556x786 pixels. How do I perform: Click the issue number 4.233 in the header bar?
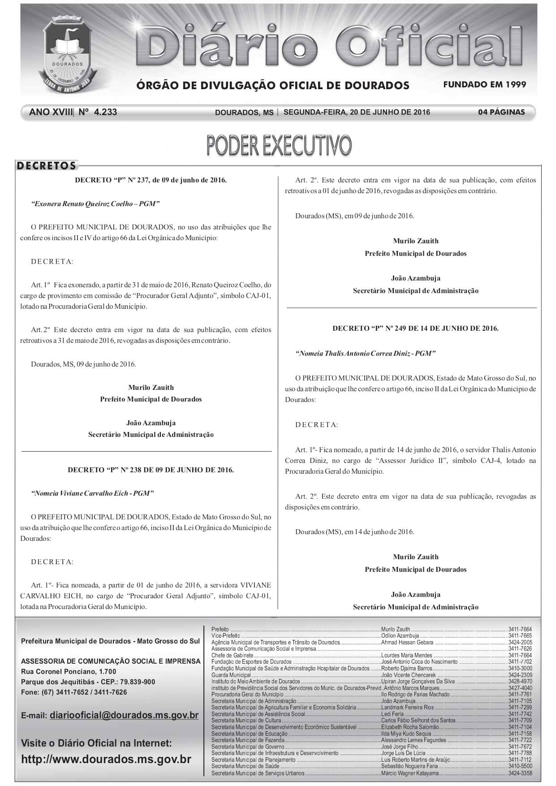tap(105, 112)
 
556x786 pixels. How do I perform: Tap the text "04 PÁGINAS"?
tap(501, 112)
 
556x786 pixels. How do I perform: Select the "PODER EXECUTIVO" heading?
tap(279, 145)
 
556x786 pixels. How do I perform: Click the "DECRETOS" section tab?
tap(47, 166)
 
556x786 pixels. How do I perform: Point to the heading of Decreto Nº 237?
tap(151, 180)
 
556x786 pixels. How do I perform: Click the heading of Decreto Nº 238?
tap(151, 470)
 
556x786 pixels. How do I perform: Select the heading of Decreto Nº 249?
tap(415, 328)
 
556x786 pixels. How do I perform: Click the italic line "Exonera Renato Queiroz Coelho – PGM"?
tap(95, 204)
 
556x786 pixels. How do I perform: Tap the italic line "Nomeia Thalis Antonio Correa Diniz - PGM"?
tap(365, 353)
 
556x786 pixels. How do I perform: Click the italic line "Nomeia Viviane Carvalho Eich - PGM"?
tap(92, 493)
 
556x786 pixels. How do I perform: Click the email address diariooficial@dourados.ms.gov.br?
tap(124, 715)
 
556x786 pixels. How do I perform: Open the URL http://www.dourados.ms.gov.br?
tap(106, 760)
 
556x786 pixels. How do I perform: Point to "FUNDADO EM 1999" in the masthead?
tap(484, 84)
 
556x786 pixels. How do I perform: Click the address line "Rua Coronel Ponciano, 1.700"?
tap(69, 671)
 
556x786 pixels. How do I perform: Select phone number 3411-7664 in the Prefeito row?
tap(520, 630)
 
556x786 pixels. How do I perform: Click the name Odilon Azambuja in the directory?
tap(400, 636)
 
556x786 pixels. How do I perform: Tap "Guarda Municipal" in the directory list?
tap(231, 675)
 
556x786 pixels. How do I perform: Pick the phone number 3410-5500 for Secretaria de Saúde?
tap(520, 767)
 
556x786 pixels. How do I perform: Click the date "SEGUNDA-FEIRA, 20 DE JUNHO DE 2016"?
tap(357, 112)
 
